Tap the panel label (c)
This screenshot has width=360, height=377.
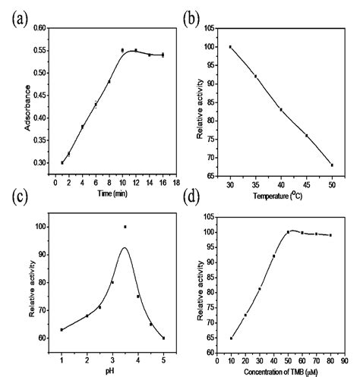16,200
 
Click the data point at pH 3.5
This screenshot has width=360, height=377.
125,227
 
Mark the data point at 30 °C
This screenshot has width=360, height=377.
230,47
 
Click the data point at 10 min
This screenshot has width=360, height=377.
122,50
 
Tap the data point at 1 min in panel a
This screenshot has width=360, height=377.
62,162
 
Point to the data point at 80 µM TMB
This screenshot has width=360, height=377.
330,235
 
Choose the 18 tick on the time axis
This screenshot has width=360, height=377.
176,183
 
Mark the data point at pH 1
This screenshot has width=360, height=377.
62,329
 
